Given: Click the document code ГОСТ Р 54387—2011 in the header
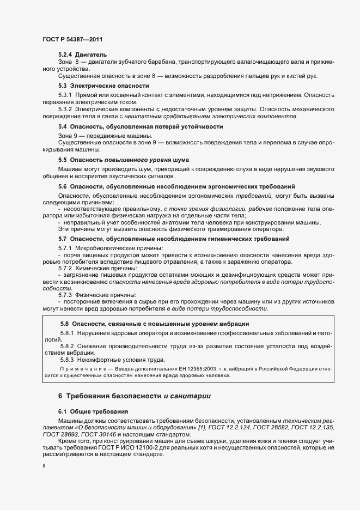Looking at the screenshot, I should pyautogui.click(x=72, y=40).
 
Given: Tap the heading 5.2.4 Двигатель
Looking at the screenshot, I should pyautogui.click(x=83, y=54).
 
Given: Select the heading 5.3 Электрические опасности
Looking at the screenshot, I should pyautogui.click(x=103, y=86).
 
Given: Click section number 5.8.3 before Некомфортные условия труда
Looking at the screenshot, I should pyautogui.click(x=68, y=360).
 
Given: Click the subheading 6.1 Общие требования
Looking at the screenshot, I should pyautogui.click(x=94, y=412).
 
